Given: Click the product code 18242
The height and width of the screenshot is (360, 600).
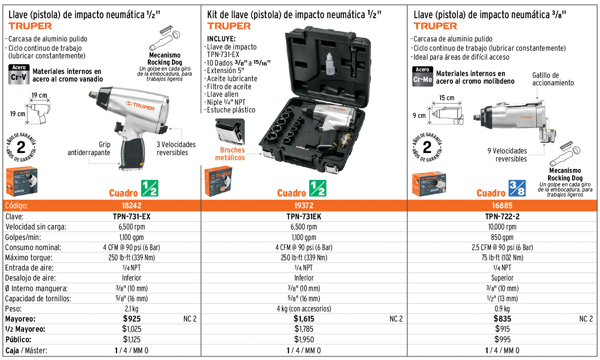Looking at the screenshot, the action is [x=131, y=205].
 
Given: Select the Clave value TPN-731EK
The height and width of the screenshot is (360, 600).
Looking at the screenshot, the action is [x=304, y=216].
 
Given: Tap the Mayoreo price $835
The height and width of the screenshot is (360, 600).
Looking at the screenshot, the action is [x=502, y=319].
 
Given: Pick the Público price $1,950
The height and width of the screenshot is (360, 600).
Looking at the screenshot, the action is [x=304, y=339].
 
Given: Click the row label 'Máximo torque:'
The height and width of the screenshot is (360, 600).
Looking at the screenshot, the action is [x=29, y=258].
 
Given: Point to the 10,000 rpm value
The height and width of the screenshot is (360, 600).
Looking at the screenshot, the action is [x=502, y=227].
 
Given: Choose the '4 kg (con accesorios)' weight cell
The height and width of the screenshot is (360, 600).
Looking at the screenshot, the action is [x=304, y=309].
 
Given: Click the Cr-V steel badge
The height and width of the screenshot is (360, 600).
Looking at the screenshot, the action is [x=19, y=74].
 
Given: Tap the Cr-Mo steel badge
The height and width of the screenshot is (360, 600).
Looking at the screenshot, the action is [x=423, y=76].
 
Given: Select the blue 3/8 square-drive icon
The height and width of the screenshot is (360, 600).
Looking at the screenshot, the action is [x=517, y=188].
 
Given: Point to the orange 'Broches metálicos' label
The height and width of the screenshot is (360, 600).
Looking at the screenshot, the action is [x=230, y=154].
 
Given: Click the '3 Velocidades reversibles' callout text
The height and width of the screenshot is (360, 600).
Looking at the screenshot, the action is [x=176, y=148].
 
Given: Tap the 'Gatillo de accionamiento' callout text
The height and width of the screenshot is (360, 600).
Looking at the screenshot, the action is [x=553, y=79].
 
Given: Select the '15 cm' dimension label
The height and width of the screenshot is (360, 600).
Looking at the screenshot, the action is [x=447, y=98].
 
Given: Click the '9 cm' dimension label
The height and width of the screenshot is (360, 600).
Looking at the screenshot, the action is [x=419, y=115].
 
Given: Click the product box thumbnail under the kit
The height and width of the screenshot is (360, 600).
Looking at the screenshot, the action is [x=218, y=181].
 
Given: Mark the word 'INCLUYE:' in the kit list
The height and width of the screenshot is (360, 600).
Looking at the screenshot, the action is [x=221, y=39].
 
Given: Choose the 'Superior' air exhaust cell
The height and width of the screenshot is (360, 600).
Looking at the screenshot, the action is [x=502, y=278].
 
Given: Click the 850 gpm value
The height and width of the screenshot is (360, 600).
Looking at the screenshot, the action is [x=502, y=237].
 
